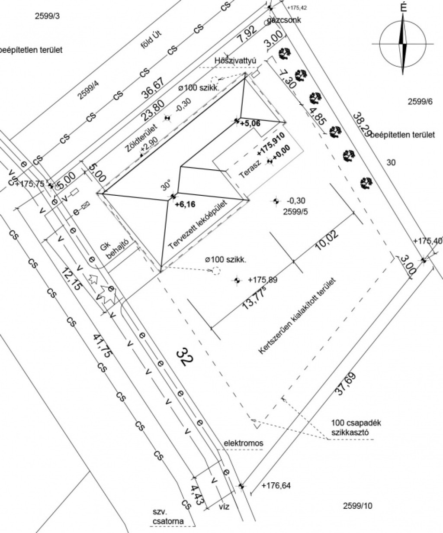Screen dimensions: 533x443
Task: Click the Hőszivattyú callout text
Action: coord(235,61)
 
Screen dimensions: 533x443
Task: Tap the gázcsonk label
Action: coord(284,20)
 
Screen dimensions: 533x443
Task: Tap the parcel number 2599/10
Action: coord(357,506)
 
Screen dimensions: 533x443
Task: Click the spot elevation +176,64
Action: coord(276,486)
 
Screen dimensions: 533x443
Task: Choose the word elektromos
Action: coord(243,443)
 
